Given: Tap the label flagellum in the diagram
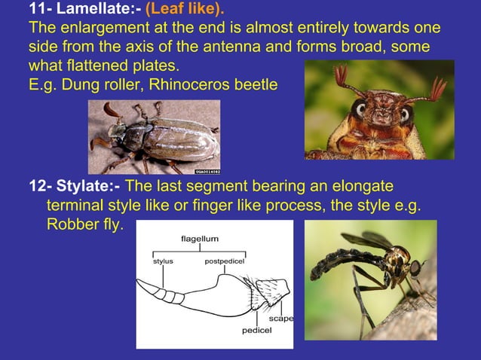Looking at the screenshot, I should pos(200,239).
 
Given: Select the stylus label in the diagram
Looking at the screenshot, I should pos(163,261).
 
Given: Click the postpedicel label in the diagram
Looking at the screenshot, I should pos(223,261).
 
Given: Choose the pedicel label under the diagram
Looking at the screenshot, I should pos(257,331).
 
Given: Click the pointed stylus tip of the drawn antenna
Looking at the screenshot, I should pos(140,283).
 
